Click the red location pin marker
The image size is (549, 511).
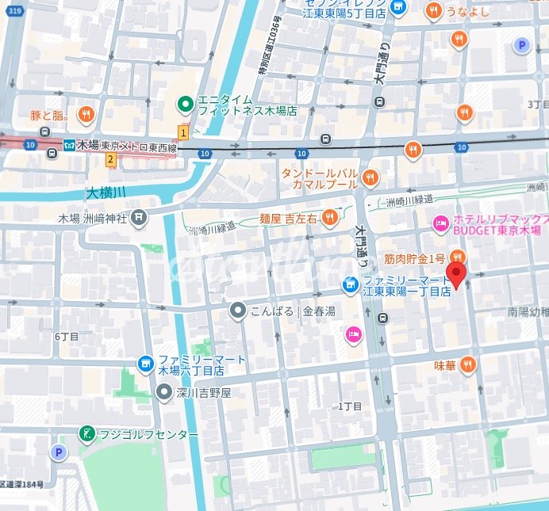pyautogui.click(x=456, y=275)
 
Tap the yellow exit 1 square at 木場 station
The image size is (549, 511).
pyautogui.click(x=183, y=132)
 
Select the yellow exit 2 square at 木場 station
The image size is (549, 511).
pyautogui.click(x=111, y=160)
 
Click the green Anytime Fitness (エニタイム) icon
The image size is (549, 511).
pyautogui.click(x=185, y=103)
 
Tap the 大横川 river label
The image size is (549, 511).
pyautogui.click(x=106, y=193)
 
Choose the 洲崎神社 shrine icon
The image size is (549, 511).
pyautogui.click(x=140, y=217)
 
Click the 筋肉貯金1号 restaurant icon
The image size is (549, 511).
pyautogui.click(x=457, y=257)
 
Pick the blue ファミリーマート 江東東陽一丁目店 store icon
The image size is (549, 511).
pyautogui.click(x=349, y=284)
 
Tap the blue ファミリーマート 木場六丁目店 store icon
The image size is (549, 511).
pyautogui.click(x=145, y=364)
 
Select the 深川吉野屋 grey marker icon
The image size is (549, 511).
pyautogui.click(x=163, y=392)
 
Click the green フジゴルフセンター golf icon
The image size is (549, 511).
pyautogui.click(x=86, y=433)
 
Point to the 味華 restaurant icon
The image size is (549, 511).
pyautogui.click(x=467, y=364)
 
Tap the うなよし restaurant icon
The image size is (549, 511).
pyautogui.click(x=432, y=10)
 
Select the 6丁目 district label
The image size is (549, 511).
pyautogui.click(x=67, y=336)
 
